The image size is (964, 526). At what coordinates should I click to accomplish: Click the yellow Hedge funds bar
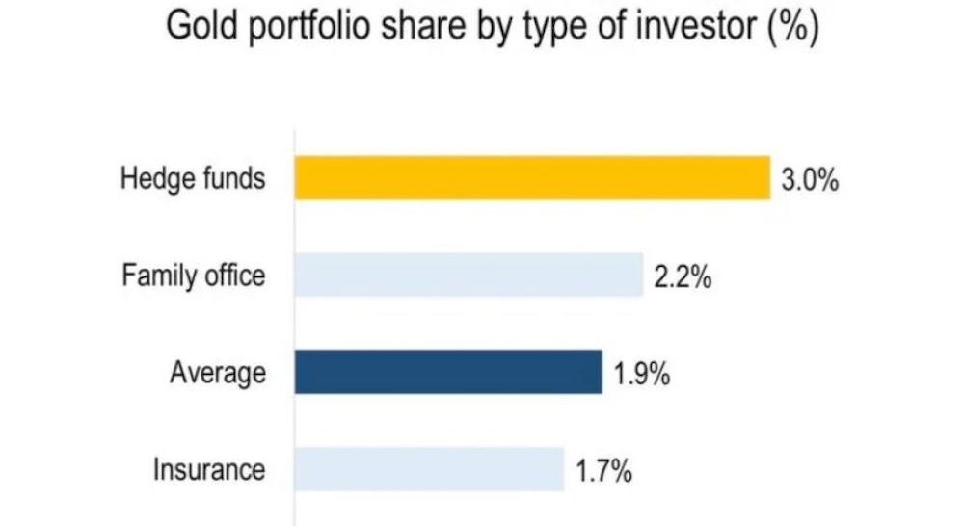[532, 177]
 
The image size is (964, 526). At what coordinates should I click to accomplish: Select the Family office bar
[469, 275]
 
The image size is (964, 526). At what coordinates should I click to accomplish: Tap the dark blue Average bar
[448, 372]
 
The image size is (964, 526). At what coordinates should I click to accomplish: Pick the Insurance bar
[429, 469]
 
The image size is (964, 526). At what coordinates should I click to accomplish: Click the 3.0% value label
[810, 180]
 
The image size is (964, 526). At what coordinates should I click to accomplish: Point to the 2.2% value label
[683, 278]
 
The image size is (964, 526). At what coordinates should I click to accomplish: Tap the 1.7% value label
[603, 472]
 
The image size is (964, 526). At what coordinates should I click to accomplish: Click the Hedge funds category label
[193, 179]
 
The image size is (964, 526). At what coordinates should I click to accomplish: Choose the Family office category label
[194, 276]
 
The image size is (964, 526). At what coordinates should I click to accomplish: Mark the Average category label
[218, 373]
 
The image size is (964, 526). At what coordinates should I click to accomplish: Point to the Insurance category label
[208, 470]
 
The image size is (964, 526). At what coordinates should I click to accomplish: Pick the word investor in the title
[692, 27]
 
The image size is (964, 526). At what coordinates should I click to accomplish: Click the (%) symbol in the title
[792, 27]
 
